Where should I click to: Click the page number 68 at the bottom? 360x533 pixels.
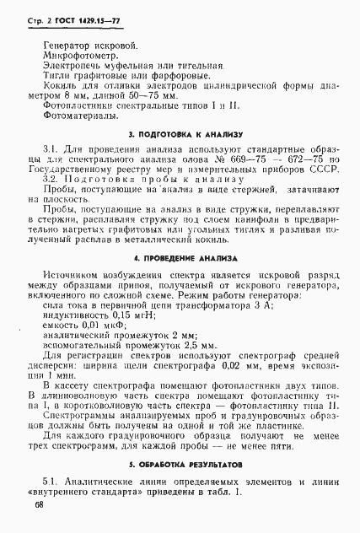(40, 503)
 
